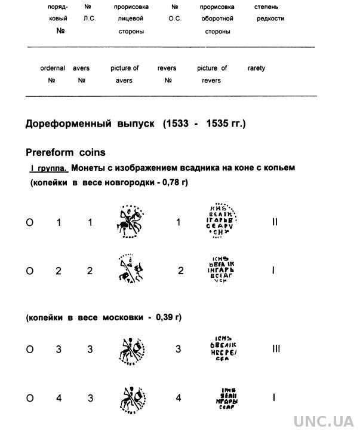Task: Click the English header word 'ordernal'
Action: tap(53, 68)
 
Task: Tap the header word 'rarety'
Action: tap(256, 68)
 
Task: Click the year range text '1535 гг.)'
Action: tap(226, 124)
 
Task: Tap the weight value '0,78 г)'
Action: tap(173, 182)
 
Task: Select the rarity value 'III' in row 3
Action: tap(276, 349)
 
